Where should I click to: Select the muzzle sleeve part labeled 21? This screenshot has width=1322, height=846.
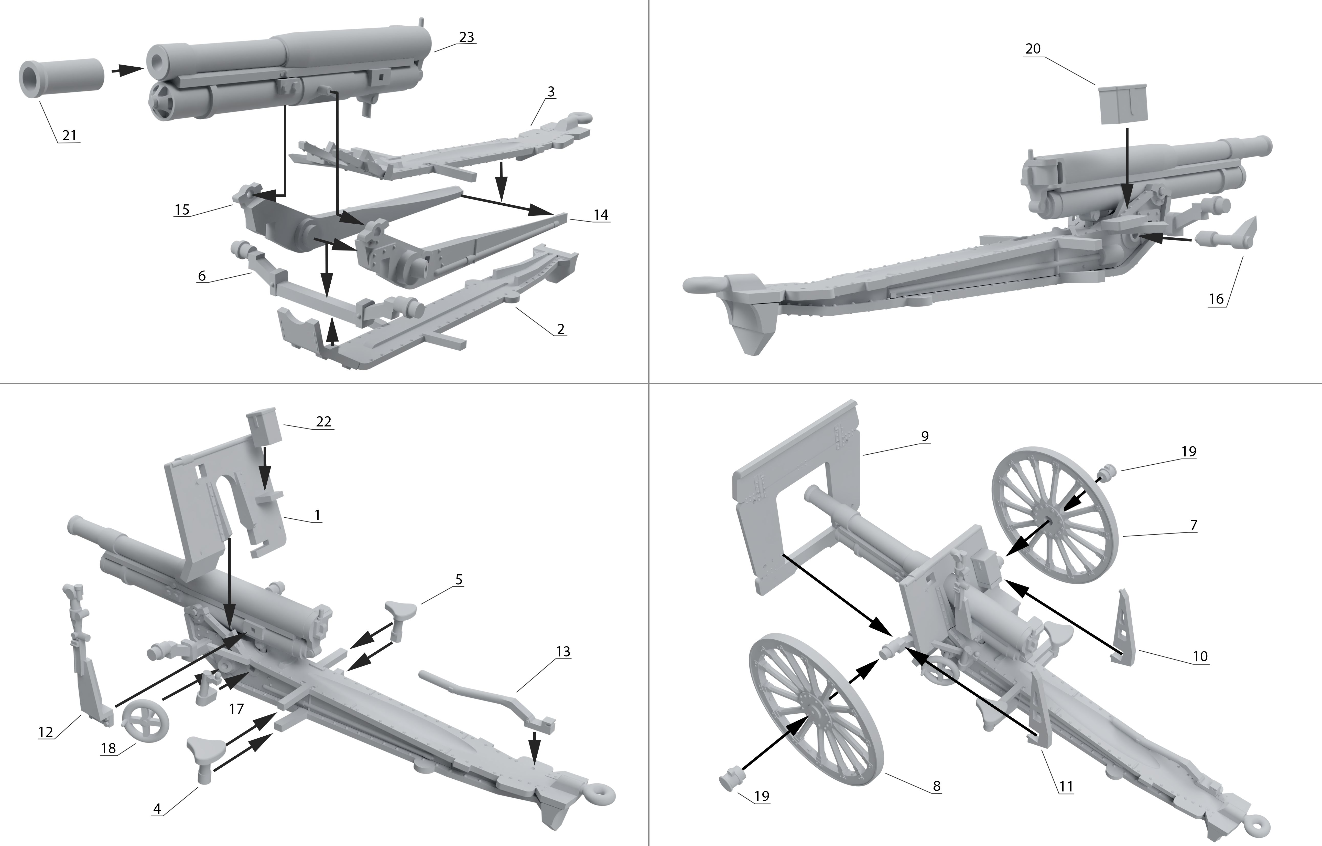[x=61, y=80]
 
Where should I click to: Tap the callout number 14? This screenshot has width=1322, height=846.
[x=601, y=215]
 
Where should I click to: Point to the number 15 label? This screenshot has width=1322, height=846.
[x=182, y=209]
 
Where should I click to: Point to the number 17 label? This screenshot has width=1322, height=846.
[x=236, y=709]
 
